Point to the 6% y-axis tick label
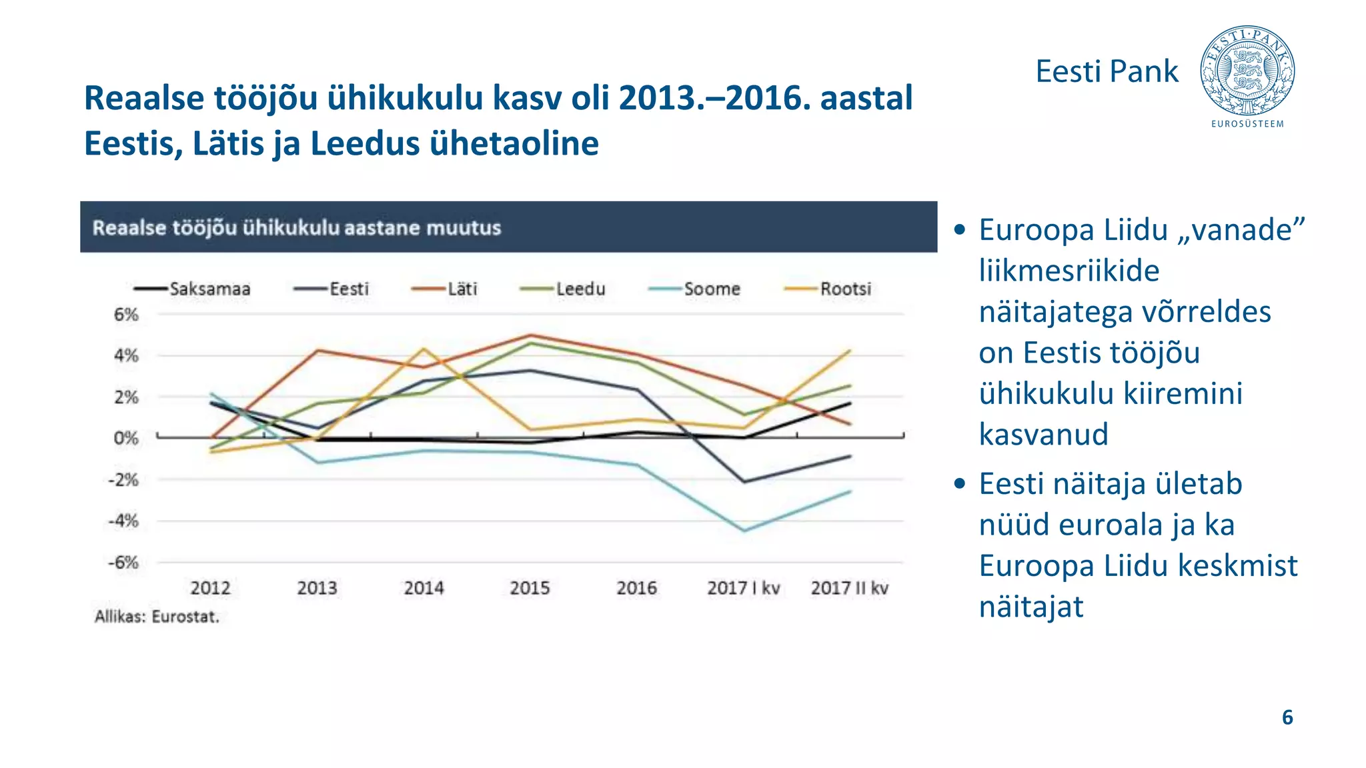(126, 314)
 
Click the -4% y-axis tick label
(124, 521)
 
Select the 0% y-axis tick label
(126, 438)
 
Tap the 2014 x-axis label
(424, 588)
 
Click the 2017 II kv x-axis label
(849, 588)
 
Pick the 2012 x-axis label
(210, 588)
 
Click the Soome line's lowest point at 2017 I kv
(744, 531)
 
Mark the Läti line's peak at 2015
(530, 335)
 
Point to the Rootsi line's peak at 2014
(424, 349)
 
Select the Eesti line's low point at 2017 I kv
(744, 481)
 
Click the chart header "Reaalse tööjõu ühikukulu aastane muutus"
(297, 227)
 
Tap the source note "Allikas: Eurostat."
(157, 617)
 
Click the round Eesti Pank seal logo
(1247, 71)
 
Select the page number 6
(1287, 717)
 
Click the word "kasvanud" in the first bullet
(1043, 434)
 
